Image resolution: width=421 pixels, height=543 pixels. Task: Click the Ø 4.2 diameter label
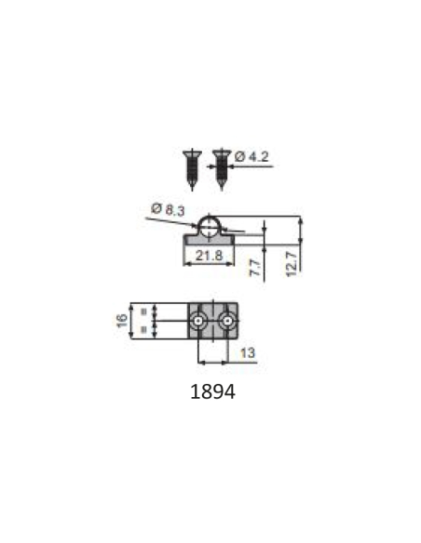click(x=251, y=157)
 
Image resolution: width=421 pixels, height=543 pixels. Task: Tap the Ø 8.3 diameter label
click(x=168, y=209)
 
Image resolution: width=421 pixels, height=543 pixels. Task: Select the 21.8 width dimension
click(x=209, y=256)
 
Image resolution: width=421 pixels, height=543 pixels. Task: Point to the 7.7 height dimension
click(x=255, y=268)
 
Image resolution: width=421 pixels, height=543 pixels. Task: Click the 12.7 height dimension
click(x=292, y=264)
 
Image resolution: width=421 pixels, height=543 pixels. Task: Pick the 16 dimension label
click(x=122, y=321)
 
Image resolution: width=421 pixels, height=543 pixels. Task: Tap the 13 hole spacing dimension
click(x=248, y=353)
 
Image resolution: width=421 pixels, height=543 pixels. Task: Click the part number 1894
click(x=212, y=392)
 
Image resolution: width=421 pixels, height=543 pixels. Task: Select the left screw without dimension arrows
click(x=192, y=169)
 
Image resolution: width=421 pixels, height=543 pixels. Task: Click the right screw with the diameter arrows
click(x=222, y=169)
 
